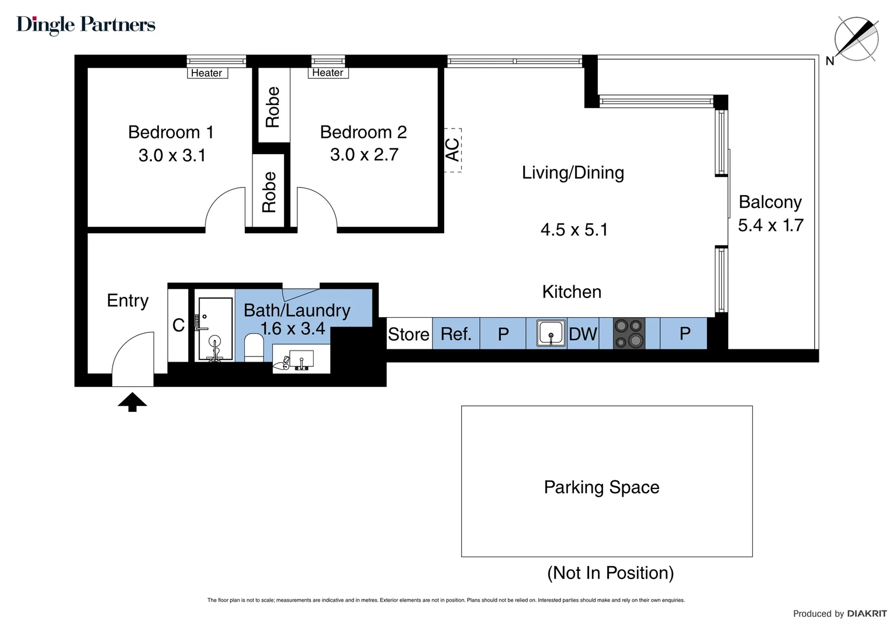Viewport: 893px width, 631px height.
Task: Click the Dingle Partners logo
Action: [x=86, y=25]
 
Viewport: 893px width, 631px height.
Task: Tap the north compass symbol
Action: [x=856, y=39]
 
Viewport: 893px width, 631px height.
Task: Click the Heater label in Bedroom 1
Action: [x=206, y=73]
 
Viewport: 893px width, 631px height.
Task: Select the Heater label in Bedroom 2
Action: [x=327, y=72]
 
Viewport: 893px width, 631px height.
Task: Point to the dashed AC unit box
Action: [x=453, y=150]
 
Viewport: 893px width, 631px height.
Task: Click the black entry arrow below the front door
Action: [x=132, y=402]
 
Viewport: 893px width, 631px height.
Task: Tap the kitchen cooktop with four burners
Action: [x=629, y=334]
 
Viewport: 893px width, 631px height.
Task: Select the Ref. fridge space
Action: [x=456, y=334]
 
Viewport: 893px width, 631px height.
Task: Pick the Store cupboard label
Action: [x=409, y=334]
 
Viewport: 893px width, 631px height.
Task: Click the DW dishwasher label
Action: [x=583, y=334]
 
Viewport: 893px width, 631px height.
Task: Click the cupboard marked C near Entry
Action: [x=178, y=325]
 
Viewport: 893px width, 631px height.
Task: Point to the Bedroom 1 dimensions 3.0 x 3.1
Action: [x=172, y=155]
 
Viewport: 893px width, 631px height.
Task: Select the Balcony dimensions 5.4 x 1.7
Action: [x=770, y=225]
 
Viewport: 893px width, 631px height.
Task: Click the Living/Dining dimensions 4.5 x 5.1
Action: [x=574, y=230]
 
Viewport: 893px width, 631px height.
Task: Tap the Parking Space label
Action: [x=601, y=487]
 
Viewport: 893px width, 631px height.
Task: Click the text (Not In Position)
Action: [x=610, y=573]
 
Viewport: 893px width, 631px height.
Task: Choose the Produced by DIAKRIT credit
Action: [x=839, y=613]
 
